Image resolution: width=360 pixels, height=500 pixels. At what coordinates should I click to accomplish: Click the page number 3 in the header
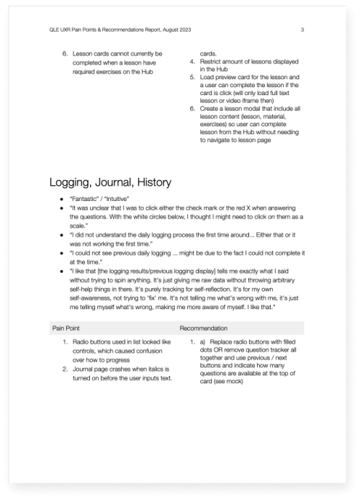[x=302, y=30]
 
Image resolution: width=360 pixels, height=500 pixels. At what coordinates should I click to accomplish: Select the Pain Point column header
[x=67, y=327]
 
